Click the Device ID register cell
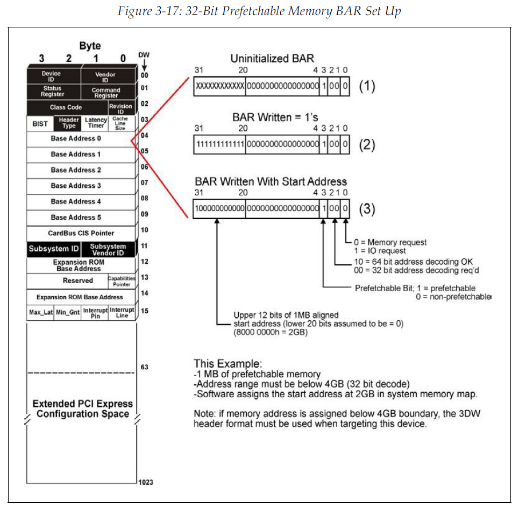52,76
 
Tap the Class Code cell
66,107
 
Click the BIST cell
40,123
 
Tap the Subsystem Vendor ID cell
108,249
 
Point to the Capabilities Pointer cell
122,281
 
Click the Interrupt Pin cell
95,313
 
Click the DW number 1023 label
145,482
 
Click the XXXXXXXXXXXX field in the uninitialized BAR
219,86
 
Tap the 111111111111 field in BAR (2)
219,144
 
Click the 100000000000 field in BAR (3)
219,209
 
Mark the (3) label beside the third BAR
367,209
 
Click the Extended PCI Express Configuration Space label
82,409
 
